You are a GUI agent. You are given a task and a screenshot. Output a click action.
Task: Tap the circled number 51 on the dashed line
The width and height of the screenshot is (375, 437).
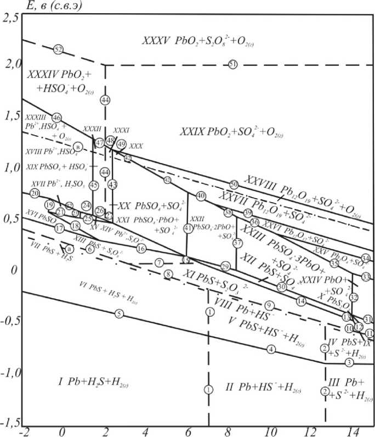tap(234, 65)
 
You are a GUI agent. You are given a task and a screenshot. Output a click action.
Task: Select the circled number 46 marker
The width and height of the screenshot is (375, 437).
tap(56, 117)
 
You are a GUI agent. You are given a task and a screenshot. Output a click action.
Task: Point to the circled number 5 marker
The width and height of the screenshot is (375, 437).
tap(118, 313)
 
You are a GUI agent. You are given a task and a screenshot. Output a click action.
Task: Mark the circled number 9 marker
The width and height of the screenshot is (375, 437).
tap(269, 305)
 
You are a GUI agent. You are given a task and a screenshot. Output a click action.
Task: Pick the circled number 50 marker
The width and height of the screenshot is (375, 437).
tap(234, 184)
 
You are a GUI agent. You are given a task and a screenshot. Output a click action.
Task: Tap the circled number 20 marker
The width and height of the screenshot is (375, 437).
tap(35, 193)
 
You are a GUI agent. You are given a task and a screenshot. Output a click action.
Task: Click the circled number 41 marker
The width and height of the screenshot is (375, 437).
tap(189, 228)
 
